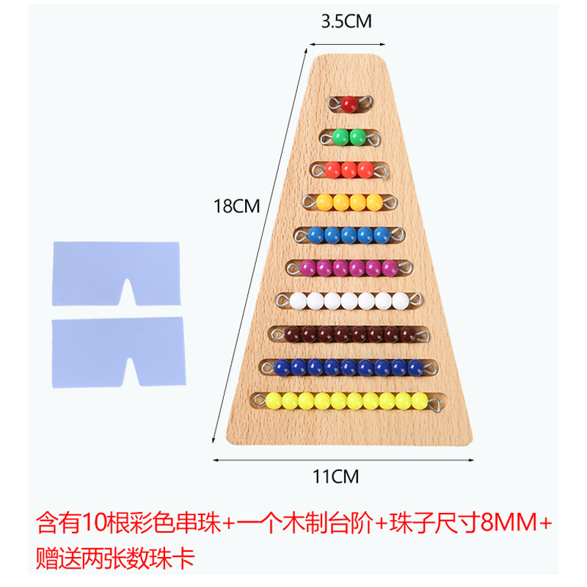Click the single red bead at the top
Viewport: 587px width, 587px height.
(349, 103)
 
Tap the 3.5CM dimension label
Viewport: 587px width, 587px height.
(346, 22)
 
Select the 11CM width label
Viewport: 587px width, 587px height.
(336, 477)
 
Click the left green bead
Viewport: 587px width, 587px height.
(340, 136)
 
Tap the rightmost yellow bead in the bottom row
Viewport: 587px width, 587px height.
(420, 401)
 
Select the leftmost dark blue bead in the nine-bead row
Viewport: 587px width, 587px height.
(282, 367)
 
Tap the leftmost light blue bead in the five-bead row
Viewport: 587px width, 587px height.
(315, 235)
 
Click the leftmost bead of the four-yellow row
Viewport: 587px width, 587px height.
(324, 202)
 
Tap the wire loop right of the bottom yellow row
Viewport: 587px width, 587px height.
(434, 401)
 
